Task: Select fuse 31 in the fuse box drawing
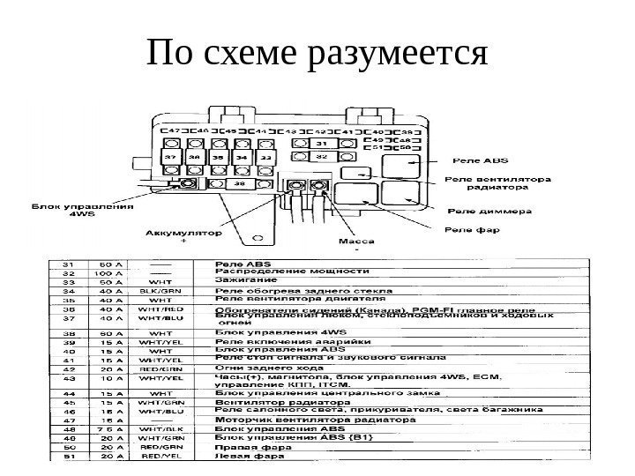[322, 142]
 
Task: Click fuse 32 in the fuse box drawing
[322, 156]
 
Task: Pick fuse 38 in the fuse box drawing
[238, 185]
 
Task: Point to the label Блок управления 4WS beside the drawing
[83, 212]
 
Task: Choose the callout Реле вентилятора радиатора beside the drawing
[497, 182]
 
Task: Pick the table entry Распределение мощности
[291, 271]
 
